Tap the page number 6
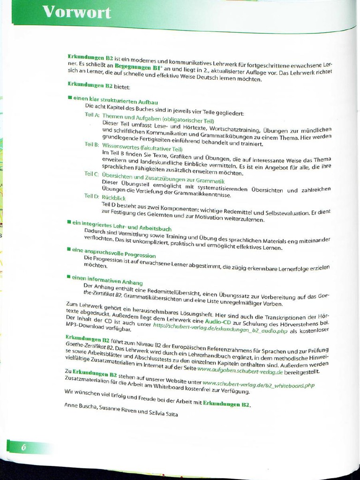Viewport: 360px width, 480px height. click(23, 447)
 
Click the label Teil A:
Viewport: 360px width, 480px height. click(92, 115)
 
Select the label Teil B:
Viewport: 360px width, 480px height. click(92, 144)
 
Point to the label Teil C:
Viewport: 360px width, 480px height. click(91, 173)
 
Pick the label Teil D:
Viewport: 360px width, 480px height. click(91, 196)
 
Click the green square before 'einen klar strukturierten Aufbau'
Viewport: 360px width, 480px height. click(69, 97)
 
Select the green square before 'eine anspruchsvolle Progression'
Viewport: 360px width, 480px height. click(69, 250)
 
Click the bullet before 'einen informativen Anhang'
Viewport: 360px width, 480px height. click(69, 277)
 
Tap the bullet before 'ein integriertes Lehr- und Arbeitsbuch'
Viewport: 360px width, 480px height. click(69, 221)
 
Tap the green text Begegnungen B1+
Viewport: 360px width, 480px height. click(138, 67)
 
